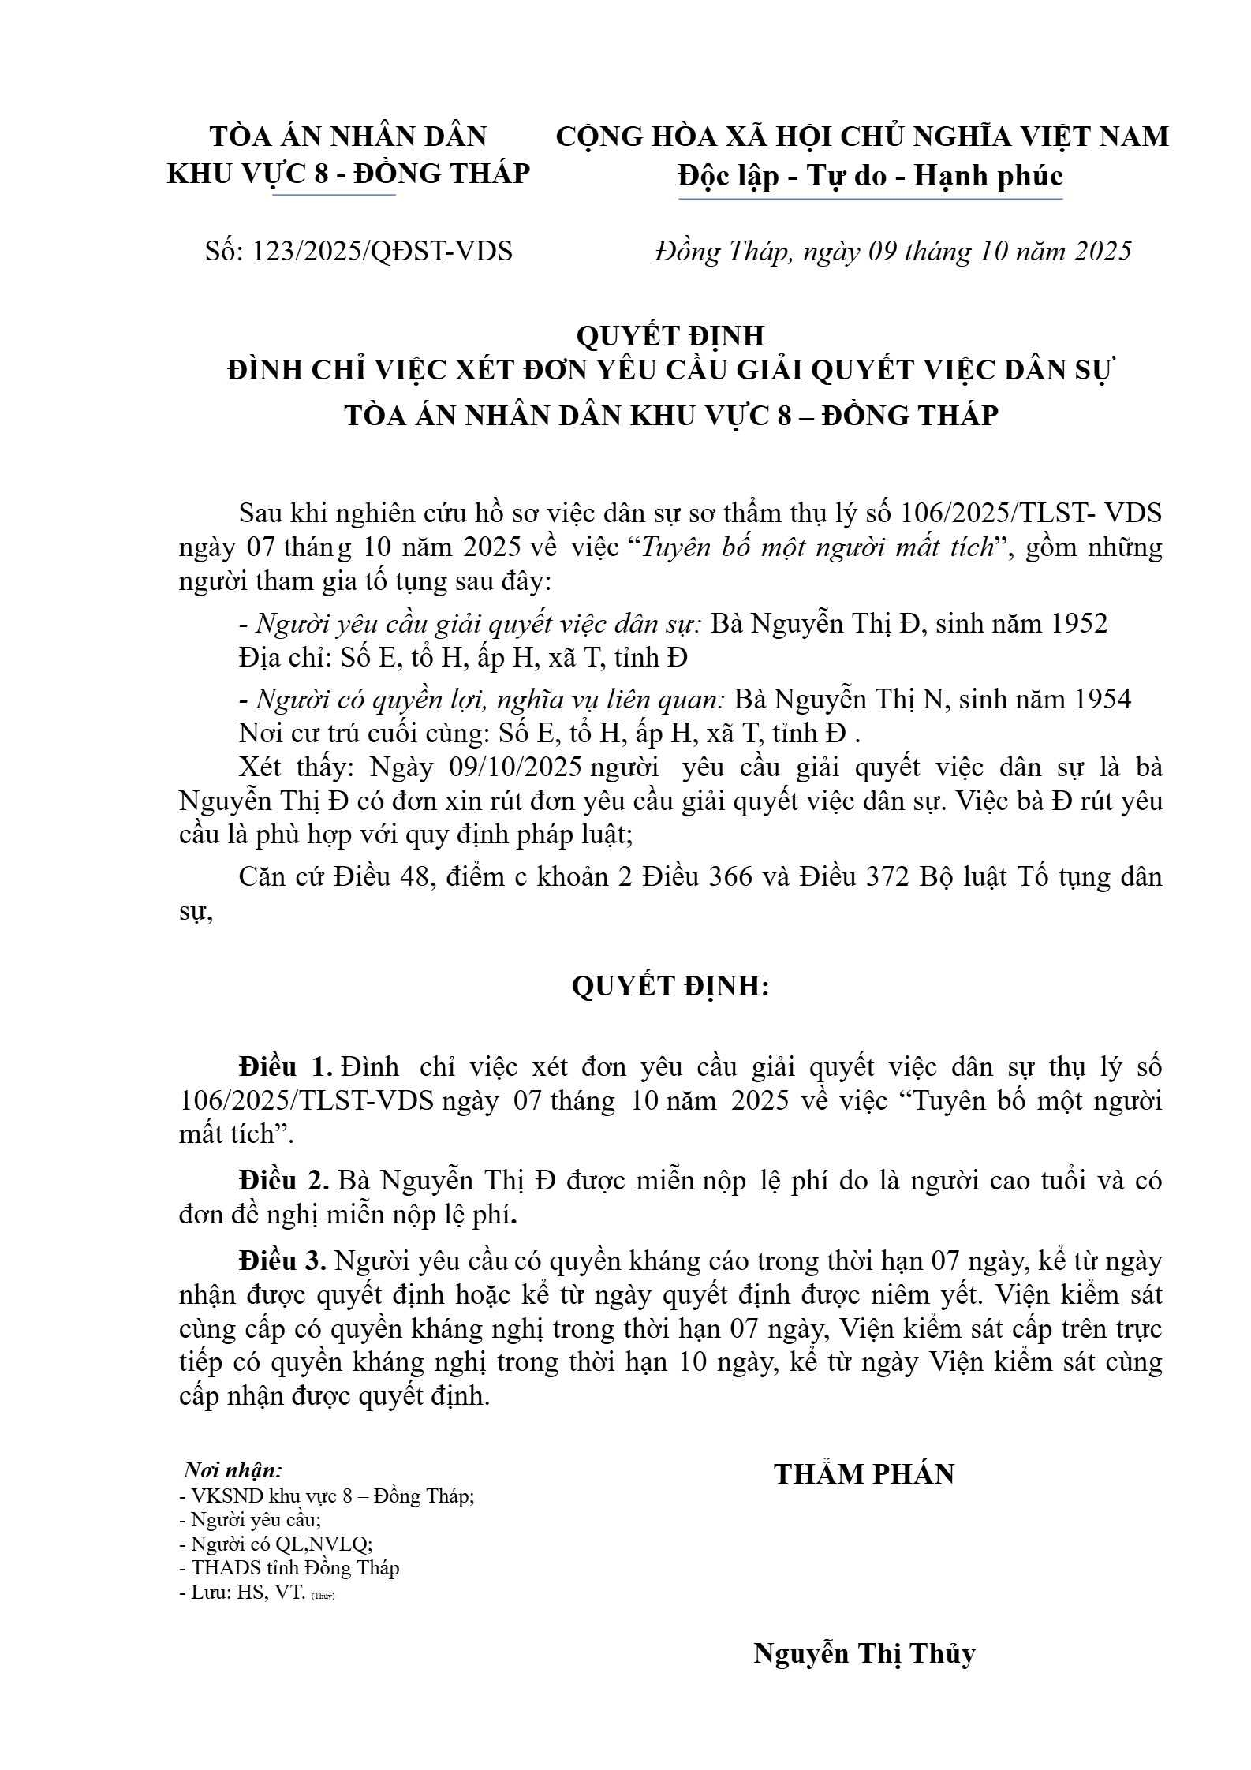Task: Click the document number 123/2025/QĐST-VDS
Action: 359,251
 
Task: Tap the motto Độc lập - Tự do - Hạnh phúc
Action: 870,176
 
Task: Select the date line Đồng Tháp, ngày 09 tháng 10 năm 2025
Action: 893,251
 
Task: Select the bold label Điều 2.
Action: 285,1181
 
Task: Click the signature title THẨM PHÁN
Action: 864,1473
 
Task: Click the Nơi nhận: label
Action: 233,1469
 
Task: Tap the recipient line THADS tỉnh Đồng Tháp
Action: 289,1567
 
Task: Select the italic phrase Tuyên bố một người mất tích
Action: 817,547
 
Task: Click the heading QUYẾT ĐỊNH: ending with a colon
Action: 670,986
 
